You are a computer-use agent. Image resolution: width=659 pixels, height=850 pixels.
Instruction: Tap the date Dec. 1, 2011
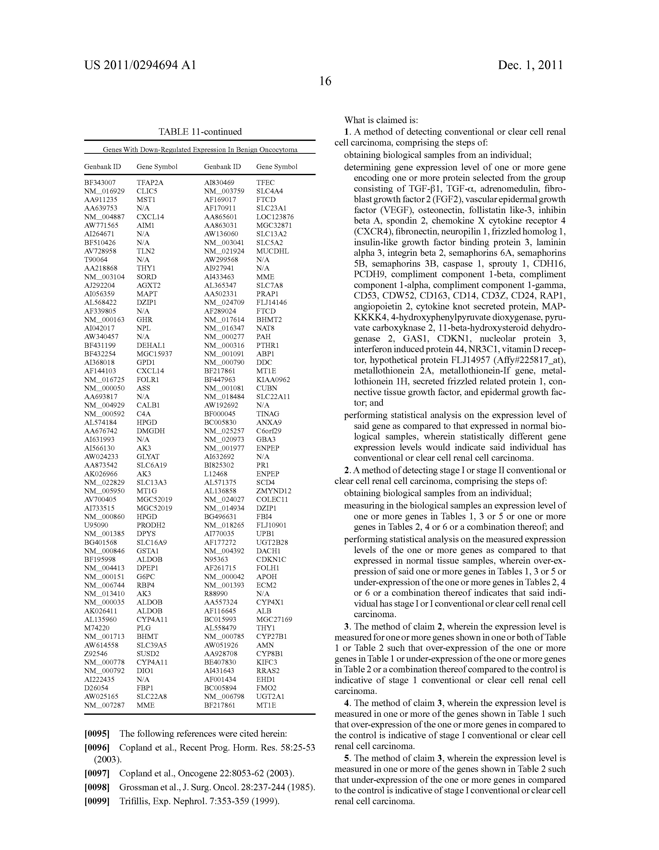(x=530, y=65)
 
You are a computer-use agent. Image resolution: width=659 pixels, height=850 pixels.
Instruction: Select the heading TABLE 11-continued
(x=200, y=132)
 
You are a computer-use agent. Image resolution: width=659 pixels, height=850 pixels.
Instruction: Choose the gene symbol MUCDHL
(x=272, y=251)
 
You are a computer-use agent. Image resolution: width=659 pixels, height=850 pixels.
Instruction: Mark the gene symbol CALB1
(x=148, y=405)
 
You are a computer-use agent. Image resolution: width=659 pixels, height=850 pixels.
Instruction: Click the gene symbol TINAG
(x=268, y=414)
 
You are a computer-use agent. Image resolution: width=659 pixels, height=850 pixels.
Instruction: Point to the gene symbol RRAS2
(x=268, y=670)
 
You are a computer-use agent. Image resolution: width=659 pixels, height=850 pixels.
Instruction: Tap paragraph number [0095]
(x=97, y=734)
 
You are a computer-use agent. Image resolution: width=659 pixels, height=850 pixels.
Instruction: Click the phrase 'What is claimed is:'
(x=381, y=120)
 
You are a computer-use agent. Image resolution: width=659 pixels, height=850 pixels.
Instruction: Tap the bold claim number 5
(x=346, y=758)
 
